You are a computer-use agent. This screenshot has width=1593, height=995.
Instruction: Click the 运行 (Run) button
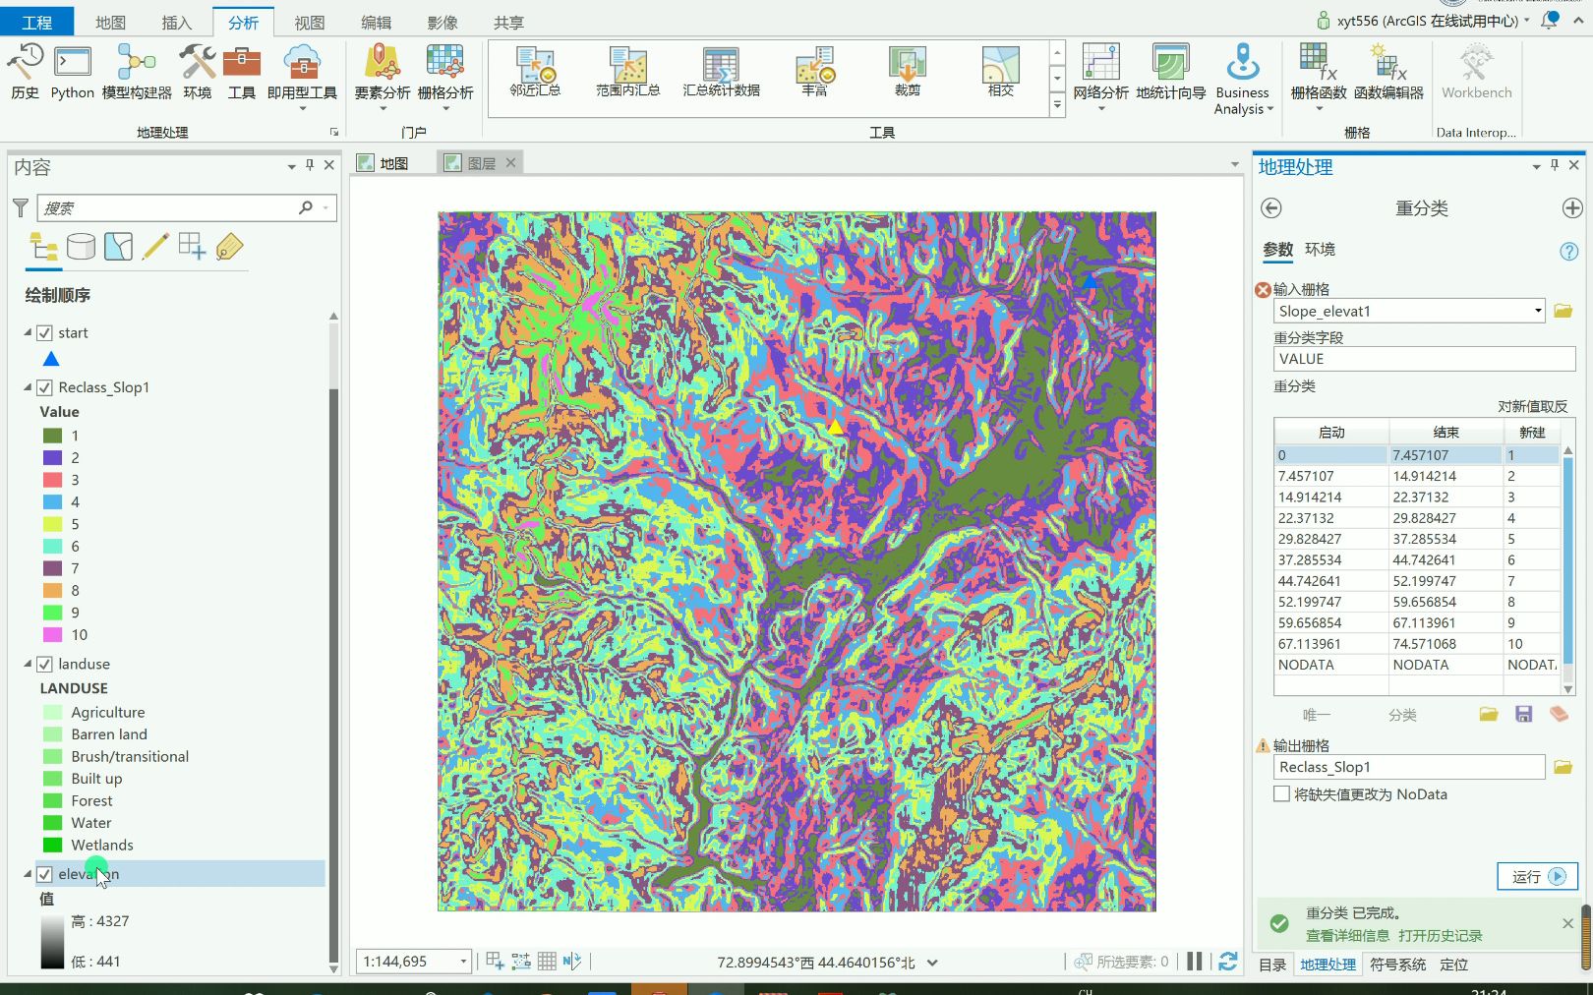(1537, 876)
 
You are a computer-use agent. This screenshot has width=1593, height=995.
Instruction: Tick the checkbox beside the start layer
(44, 333)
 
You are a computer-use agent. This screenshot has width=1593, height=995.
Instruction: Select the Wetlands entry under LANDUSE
(101, 845)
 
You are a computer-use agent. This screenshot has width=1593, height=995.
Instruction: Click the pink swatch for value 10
(53, 635)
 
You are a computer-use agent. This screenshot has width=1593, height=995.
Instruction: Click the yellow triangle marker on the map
(835, 427)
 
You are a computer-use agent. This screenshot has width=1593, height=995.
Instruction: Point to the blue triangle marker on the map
(1090, 281)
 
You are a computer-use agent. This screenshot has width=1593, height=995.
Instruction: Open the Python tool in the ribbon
(72, 71)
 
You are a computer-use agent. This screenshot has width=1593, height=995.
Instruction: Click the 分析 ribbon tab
(243, 22)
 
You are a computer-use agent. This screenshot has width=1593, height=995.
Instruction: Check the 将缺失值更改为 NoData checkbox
(1281, 794)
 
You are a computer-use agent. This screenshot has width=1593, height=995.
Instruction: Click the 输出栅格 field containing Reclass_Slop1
(1408, 767)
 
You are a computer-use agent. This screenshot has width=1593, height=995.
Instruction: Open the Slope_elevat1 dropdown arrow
(1538, 311)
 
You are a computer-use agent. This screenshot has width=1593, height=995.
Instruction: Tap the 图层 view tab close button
(511, 162)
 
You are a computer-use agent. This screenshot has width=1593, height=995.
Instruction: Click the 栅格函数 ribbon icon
(1318, 71)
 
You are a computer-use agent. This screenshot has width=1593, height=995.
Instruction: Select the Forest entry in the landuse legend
(91, 800)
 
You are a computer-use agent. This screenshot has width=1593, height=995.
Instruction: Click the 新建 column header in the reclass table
(1531, 433)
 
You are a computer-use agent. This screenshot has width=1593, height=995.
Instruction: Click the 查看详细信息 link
(1347, 936)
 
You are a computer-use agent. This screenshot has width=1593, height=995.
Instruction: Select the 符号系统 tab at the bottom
(1397, 965)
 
